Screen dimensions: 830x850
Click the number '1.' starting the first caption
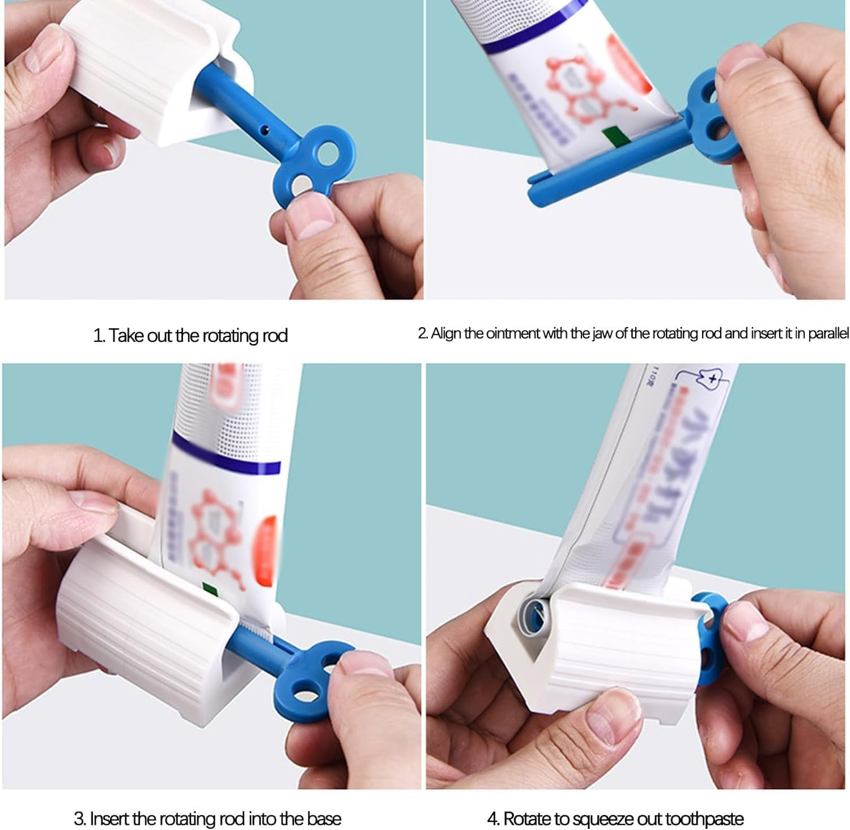99,336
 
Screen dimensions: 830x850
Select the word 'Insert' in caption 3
109,819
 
